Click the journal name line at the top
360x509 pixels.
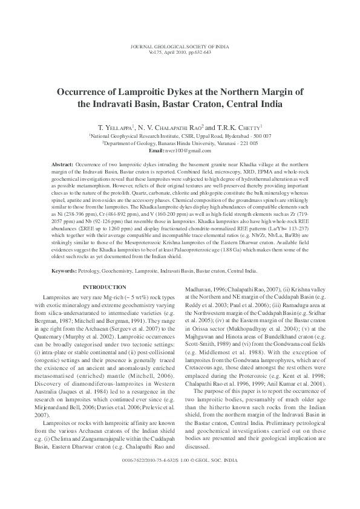point(180,47)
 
